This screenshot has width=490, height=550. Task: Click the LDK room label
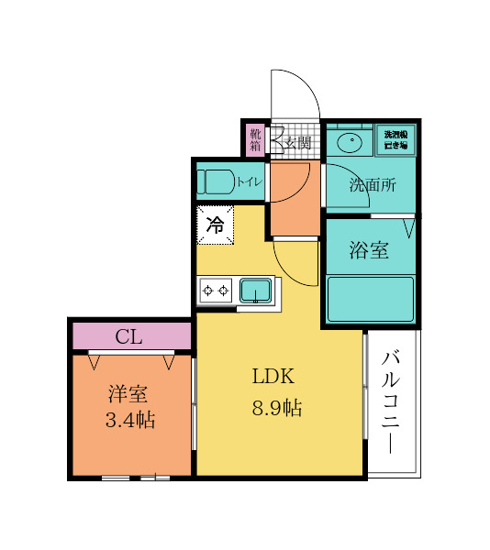point(273,376)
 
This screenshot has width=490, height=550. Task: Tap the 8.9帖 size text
point(277,408)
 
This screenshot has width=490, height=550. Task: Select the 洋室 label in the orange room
point(128,394)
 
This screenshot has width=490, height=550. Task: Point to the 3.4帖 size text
point(129,421)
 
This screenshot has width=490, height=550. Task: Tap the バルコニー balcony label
point(392,401)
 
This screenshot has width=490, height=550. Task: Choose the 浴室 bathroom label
point(369,250)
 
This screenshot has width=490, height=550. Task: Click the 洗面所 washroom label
point(371,184)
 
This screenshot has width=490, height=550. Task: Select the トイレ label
point(250,181)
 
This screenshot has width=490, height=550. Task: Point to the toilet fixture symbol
point(217,181)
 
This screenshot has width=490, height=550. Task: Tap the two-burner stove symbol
point(217,291)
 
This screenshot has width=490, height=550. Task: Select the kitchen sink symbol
point(255,291)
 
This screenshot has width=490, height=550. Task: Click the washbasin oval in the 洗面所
point(349,142)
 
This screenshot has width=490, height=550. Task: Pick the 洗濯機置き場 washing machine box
point(396,140)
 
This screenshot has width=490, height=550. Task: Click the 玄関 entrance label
point(298,142)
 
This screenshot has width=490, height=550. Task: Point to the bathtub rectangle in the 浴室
point(371,299)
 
